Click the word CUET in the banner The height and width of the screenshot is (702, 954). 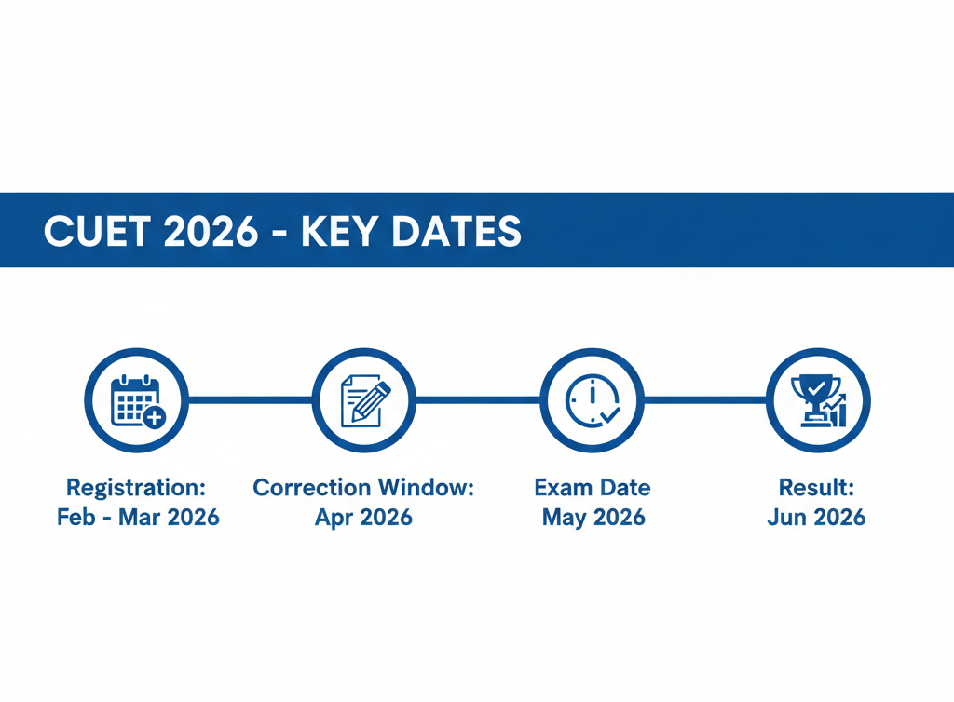pyautogui.click(x=97, y=231)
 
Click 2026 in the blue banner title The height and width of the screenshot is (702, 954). pyautogui.click(x=211, y=231)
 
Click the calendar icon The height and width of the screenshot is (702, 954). pyautogui.click(x=138, y=401)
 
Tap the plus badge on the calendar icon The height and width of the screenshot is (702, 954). pyautogui.click(x=155, y=417)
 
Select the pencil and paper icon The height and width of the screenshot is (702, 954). pyautogui.click(x=365, y=400)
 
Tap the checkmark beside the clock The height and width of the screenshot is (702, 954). pyautogui.click(x=610, y=415)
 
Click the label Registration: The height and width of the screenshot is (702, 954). pyautogui.click(x=136, y=488)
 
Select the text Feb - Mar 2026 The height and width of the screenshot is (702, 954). pyautogui.click(x=138, y=518)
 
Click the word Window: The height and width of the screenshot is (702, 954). pyautogui.click(x=426, y=488)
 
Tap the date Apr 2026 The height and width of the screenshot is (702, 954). pyautogui.click(x=364, y=518)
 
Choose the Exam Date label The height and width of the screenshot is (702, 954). pyautogui.click(x=593, y=488)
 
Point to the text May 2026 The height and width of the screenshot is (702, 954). pyautogui.click(x=593, y=518)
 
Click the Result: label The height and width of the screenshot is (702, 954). pyautogui.click(x=816, y=488)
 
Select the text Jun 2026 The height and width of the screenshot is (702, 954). pyautogui.click(x=816, y=518)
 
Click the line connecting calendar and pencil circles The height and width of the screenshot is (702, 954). pyautogui.click(x=250, y=400)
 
